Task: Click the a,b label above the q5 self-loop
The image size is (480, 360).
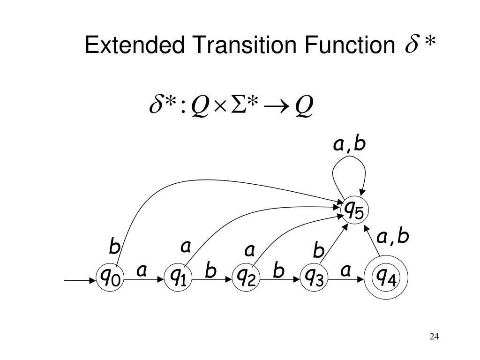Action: click(x=349, y=145)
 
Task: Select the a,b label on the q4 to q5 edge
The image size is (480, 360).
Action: click(x=394, y=238)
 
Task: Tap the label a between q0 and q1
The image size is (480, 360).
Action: click(x=142, y=270)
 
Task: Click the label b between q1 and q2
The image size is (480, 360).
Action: click(x=210, y=271)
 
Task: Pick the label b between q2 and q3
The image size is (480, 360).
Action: click(x=279, y=271)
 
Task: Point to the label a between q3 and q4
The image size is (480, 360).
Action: click(x=346, y=270)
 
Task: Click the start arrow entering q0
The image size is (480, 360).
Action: click(x=79, y=281)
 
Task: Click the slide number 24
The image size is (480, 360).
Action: click(x=434, y=337)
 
